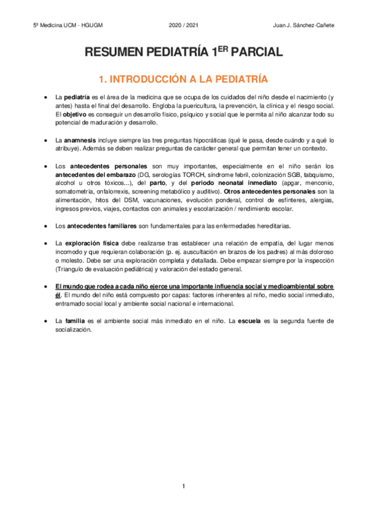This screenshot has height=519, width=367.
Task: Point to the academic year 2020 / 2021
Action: coord(183,25)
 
